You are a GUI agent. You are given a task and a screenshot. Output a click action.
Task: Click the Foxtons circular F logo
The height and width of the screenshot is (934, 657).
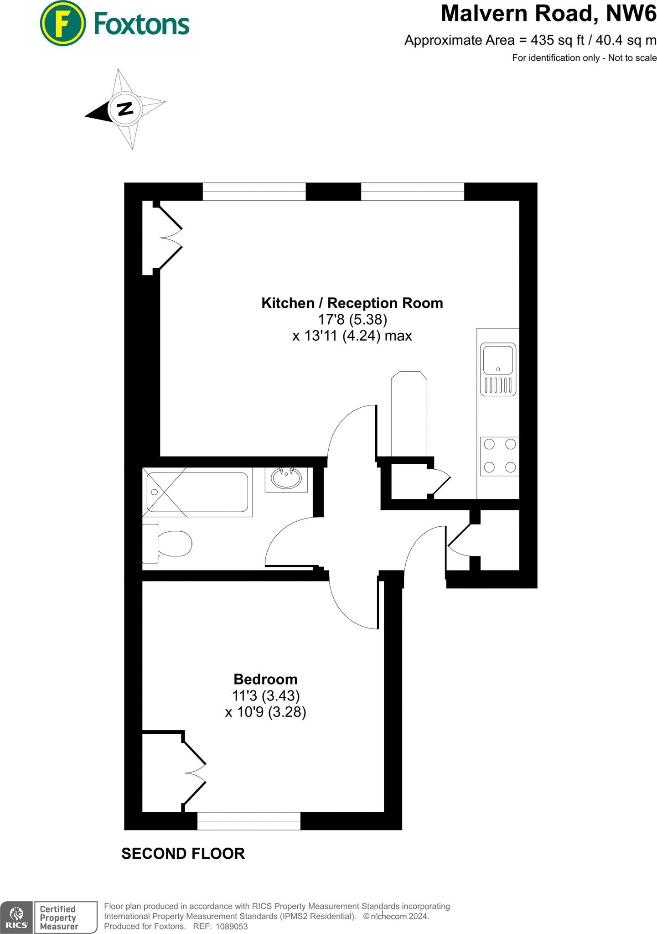pos(62,23)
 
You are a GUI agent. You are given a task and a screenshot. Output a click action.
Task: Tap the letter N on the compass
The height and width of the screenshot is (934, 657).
pos(125,109)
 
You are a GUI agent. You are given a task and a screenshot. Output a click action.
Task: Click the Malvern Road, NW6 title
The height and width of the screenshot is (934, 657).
pos(548,14)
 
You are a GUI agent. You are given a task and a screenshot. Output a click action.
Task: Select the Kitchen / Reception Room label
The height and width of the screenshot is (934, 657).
pos(352,303)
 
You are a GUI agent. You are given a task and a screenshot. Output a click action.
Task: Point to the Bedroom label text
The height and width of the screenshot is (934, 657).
pos(265,679)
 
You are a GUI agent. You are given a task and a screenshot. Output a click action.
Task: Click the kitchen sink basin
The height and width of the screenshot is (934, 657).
pos(497,360)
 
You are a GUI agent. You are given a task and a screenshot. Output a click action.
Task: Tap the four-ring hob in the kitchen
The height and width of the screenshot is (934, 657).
pos(499,456)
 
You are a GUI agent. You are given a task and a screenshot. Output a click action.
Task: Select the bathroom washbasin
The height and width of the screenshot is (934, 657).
pos(286,478)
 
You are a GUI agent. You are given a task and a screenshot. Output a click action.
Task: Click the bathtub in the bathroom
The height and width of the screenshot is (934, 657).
pos(197,492)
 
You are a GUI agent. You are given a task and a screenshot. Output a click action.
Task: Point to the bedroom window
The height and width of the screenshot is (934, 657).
pos(248,821)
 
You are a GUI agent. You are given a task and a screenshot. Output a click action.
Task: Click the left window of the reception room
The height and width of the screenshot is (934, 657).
pos(253,192)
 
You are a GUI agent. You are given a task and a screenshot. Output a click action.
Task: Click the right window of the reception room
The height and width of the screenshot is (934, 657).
pos(412,192)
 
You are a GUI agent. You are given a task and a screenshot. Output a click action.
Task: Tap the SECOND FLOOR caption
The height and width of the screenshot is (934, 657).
pos(183,854)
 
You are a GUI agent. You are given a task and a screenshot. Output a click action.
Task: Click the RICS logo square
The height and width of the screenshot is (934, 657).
pos(16,917)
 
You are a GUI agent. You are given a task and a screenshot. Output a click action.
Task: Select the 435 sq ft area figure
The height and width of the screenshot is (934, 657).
pos(557,40)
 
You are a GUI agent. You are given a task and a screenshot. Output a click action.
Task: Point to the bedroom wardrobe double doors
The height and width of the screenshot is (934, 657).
pos(194,773)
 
